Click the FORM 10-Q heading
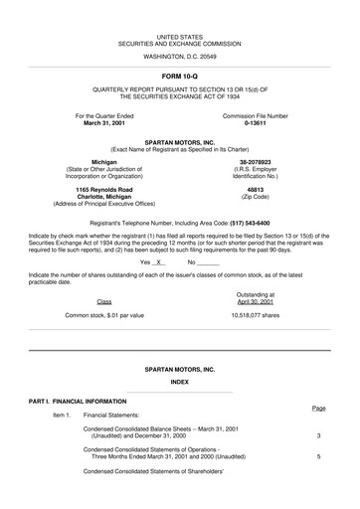coord(179,75)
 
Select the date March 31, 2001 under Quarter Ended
coord(103,123)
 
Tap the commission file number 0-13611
coord(255,123)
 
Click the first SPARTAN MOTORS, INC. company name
coord(179,142)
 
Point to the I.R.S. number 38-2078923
coord(255,161)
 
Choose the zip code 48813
coord(255,189)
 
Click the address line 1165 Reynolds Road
coord(103,189)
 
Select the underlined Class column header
coord(103,300)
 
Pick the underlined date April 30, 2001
coord(255,300)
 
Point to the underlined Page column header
coord(318,408)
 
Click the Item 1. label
coord(62,414)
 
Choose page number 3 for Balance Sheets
coord(318,435)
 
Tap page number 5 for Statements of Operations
coord(318,456)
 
